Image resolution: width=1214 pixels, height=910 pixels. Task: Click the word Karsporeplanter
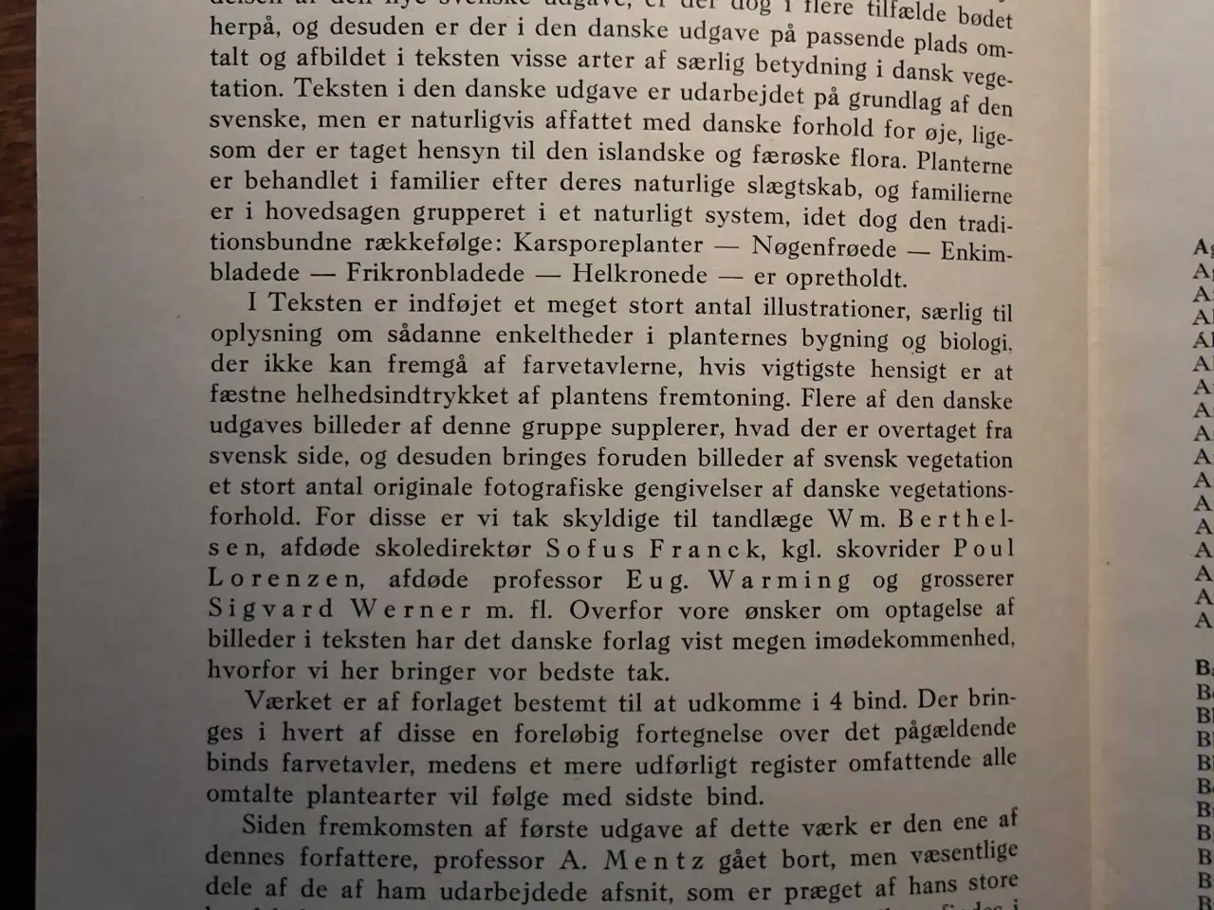608,245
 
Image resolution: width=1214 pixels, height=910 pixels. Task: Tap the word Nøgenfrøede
823,248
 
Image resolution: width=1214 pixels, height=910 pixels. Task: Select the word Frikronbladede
435,274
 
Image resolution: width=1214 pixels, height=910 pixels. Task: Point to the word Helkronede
640,275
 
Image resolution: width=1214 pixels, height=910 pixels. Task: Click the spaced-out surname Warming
781,579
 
